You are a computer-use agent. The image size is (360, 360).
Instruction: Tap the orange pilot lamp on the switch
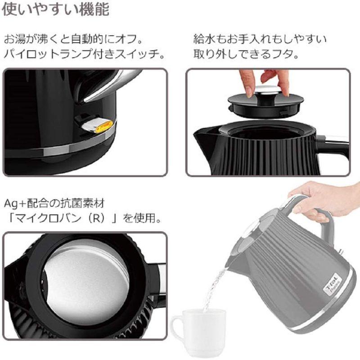tap(103, 126)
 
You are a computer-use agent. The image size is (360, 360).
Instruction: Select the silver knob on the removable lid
tap(265, 90)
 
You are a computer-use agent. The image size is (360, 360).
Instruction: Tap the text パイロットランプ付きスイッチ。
tap(83, 54)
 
